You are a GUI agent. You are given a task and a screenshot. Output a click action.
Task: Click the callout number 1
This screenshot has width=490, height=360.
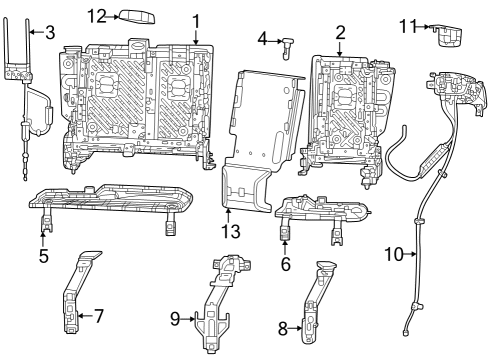click(196, 19)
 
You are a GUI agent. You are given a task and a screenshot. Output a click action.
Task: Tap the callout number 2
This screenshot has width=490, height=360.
click(340, 32)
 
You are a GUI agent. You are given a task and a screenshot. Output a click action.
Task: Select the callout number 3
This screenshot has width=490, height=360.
click(50, 33)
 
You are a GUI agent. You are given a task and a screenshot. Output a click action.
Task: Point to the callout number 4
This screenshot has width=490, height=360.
click(262, 39)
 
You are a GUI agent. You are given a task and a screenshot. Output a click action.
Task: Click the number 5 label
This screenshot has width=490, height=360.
click(43, 254)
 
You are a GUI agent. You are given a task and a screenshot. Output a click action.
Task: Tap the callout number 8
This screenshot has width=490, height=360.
click(283, 326)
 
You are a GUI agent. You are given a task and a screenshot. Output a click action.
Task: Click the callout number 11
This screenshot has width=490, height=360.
click(406, 24)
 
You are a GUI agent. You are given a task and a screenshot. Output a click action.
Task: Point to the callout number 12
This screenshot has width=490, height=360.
click(96, 16)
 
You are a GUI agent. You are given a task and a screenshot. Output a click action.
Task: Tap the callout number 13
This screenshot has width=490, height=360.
click(231, 232)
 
